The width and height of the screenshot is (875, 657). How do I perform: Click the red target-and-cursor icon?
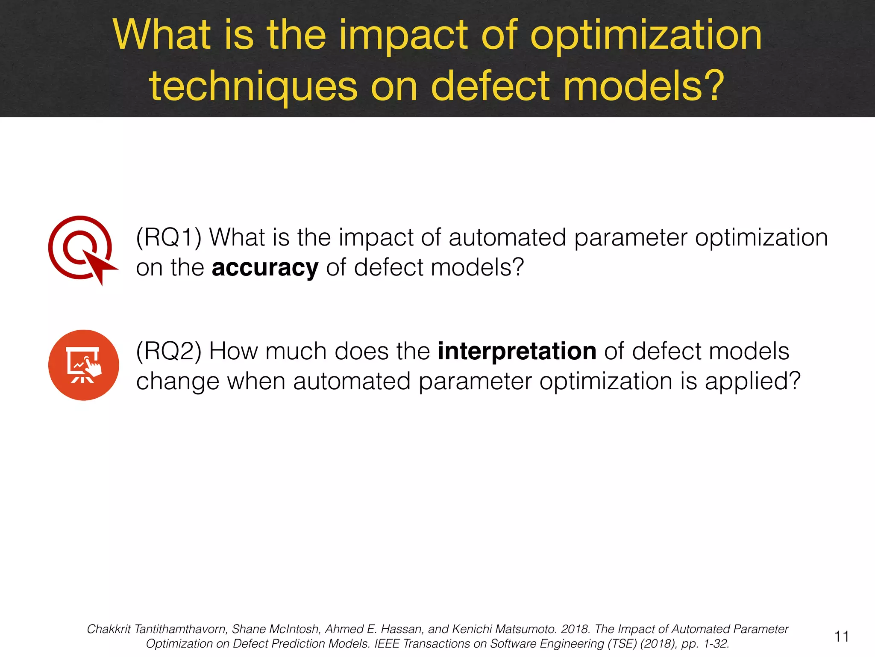pyautogui.click(x=81, y=249)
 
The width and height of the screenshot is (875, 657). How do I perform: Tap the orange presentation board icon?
pyautogui.click(x=84, y=365)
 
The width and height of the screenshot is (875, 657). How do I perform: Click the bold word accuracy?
pyautogui.click(x=265, y=268)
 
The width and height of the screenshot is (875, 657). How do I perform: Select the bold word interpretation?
pyautogui.click(x=517, y=352)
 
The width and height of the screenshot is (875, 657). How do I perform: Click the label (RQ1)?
pyautogui.click(x=168, y=237)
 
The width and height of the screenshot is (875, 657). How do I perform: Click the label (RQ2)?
pyautogui.click(x=168, y=352)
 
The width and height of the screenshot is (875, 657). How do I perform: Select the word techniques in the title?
pyautogui.click(x=253, y=86)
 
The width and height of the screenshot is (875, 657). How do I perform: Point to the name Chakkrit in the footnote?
pyautogui.click(x=109, y=629)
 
